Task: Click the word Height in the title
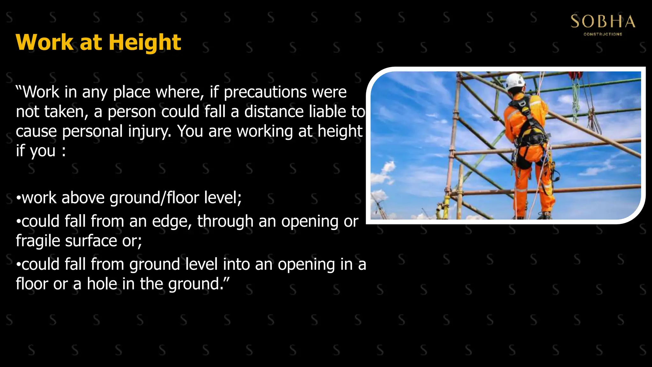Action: point(145,43)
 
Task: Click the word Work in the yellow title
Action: point(45,43)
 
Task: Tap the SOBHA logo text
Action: point(603,22)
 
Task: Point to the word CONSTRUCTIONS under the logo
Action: point(603,34)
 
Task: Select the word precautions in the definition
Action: point(265,92)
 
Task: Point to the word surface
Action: point(91,241)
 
